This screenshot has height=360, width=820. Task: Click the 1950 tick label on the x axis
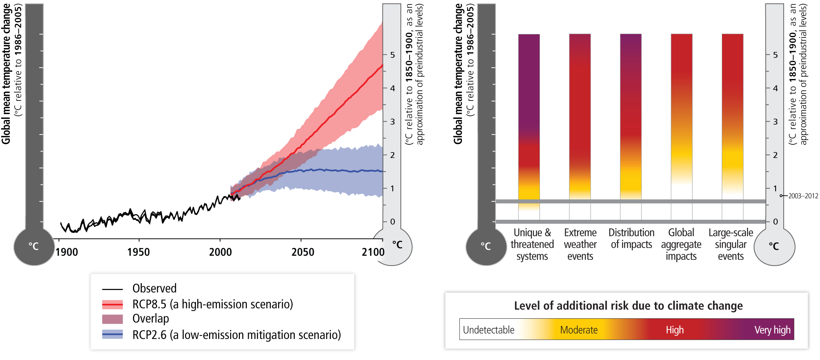click(x=138, y=252)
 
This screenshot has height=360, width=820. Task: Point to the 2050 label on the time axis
click(x=303, y=252)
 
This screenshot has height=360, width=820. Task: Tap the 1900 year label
click(x=66, y=252)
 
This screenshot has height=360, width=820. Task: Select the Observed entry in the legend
click(x=154, y=288)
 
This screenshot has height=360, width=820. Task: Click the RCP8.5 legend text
click(x=212, y=304)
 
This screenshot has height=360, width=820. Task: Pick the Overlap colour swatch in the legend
click(x=112, y=319)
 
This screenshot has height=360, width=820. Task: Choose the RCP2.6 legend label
click(x=236, y=335)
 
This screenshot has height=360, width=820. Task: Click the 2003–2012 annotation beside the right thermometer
click(x=803, y=196)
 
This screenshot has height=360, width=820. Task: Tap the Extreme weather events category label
click(x=580, y=244)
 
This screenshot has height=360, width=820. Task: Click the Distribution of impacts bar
click(x=630, y=115)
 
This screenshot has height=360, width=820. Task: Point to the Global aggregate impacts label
click(x=681, y=244)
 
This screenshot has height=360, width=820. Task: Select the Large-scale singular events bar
click(x=732, y=115)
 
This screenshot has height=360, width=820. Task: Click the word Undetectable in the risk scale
click(x=488, y=330)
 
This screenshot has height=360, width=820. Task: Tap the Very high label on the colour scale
click(x=772, y=330)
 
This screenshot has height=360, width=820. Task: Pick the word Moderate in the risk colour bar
click(x=579, y=330)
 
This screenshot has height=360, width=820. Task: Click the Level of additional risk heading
click(x=628, y=306)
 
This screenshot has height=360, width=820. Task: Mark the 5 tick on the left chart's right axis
click(x=392, y=55)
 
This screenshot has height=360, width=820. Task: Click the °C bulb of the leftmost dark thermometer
click(x=34, y=246)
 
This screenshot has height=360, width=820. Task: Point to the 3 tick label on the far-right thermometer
click(x=775, y=122)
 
